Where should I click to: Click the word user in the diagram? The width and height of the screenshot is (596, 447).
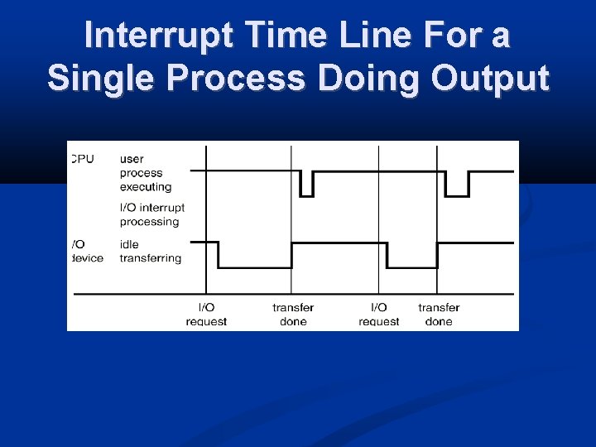132,159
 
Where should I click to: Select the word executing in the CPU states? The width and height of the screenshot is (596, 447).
146,187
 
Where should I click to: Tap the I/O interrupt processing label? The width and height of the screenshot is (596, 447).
151,214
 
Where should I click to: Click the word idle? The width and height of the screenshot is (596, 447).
129,244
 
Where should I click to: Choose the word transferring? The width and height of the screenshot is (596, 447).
150,258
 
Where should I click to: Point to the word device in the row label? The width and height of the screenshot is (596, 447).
87,258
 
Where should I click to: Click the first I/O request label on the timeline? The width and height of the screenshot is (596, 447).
206,315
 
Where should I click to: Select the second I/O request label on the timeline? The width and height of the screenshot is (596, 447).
378,315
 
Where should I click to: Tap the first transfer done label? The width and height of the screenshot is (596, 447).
293,315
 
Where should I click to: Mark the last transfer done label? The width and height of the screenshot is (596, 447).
439,315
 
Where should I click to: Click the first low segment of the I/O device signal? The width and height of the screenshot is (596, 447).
254,267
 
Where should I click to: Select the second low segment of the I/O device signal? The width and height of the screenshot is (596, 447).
411,267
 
